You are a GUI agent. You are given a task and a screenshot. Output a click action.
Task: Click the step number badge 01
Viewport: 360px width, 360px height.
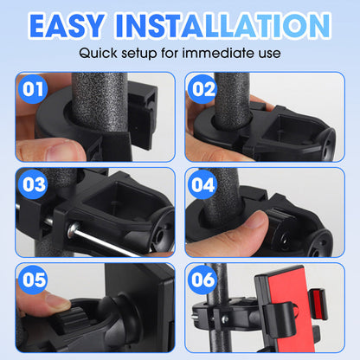click(33, 88)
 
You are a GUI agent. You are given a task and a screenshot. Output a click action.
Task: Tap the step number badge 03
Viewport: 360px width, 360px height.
click(33, 183)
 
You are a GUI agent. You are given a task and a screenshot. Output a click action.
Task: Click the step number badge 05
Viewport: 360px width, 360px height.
click(33, 280)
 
